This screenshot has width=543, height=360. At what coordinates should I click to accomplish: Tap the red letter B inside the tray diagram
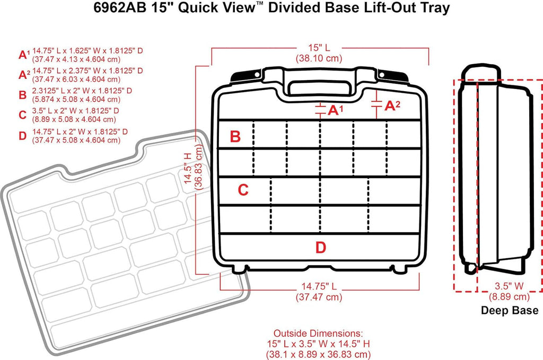click(x=235, y=137)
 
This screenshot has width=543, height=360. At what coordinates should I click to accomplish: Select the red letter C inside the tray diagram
click(x=243, y=190)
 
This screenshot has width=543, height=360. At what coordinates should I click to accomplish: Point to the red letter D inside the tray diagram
click(x=320, y=247)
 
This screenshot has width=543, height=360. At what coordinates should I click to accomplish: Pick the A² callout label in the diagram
click(x=392, y=106)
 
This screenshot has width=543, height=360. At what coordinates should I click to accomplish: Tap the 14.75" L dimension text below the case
click(x=318, y=287)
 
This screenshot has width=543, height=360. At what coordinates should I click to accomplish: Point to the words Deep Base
click(x=509, y=311)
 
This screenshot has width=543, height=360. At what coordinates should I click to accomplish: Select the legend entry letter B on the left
click(x=22, y=95)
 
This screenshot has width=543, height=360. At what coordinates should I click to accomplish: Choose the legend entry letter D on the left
click(x=22, y=136)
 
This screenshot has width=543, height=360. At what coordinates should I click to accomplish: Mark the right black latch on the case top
click(x=399, y=76)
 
